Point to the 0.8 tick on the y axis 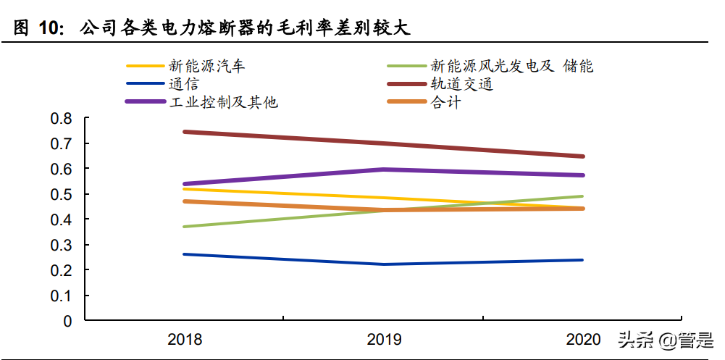coord(63,118)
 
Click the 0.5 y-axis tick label coord(63,194)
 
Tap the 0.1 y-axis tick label coord(63,296)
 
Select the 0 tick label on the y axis coord(68,321)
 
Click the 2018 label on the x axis coord(185,339)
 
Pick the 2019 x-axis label coord(384,339)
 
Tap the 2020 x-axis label coord(583,339)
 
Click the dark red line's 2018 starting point coord(185,132)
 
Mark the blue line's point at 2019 coord(384,264)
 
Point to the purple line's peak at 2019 coord(384,169)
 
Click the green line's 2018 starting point coord(185,227)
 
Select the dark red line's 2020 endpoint coord(583,156)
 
